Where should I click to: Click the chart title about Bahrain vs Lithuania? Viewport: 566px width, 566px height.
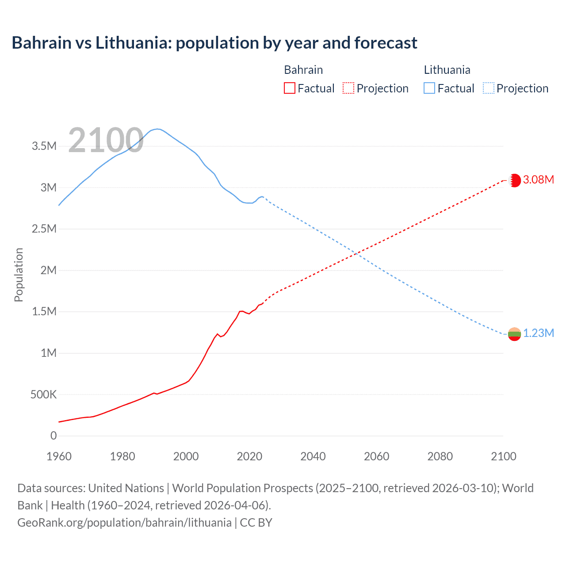pos(214,43)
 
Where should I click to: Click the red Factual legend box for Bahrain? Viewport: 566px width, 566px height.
pos(289,88)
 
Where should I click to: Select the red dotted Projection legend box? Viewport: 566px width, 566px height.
pos(348,88)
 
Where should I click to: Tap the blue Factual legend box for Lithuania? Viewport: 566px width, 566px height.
pos(429,88)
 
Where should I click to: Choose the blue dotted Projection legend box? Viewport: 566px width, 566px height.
pos(489,88)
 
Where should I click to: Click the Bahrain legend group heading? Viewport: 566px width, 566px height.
pos(303,70)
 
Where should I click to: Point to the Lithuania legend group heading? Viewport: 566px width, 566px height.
pos(447,70)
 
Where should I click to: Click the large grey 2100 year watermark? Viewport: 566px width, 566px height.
pos(106,140)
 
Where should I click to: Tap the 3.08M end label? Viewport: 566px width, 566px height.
pos(538,180)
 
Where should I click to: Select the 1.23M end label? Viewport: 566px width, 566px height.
pos(538,333)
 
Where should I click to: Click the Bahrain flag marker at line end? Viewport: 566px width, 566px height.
pos(514,180)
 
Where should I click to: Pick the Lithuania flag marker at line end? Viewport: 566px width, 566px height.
pos(514,334)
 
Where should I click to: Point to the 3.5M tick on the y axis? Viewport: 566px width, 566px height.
pos(44,146)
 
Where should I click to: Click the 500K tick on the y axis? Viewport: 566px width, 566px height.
pos(43,394)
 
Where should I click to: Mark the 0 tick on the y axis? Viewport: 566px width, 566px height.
pos(54,436)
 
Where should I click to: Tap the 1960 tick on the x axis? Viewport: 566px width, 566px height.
pos(59,456)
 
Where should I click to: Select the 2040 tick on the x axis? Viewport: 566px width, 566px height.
pos(313,456)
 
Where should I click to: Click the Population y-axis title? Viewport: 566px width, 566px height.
pos(19,275)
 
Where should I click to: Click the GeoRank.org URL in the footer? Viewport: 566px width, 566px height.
pos(124,522)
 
